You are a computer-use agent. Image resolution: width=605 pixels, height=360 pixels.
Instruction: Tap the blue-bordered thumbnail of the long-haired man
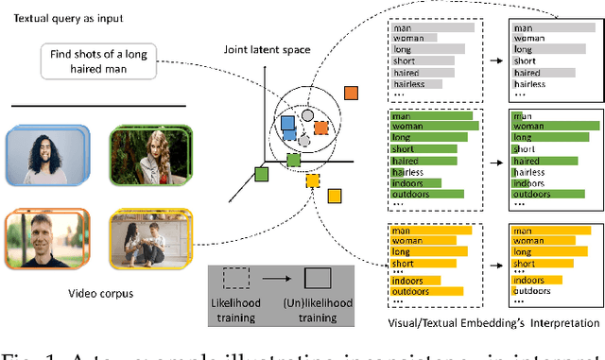tap(43, 154)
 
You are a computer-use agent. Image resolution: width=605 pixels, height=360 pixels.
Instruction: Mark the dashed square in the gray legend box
tap(236, 278)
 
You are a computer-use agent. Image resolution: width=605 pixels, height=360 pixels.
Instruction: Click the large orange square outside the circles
tap(351, 93)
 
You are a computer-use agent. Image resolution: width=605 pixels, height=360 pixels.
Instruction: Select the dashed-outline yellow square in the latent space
tap(314, 180)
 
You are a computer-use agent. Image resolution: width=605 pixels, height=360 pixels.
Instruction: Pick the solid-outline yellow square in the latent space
tap(335, 196)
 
